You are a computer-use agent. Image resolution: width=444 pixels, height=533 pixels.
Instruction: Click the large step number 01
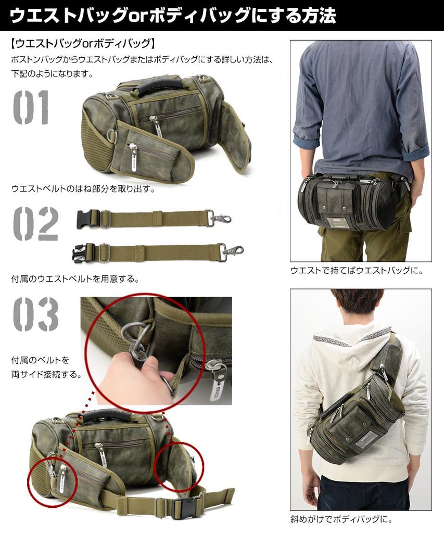[31, 108]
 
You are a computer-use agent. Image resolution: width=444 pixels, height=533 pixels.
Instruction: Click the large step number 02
[35, 223]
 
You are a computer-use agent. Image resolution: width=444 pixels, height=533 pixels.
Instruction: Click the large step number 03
[35, 314]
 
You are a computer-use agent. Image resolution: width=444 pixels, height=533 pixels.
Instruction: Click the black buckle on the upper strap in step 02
[88, 219]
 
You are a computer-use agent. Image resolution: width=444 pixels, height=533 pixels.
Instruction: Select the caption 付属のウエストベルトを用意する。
[75, 279]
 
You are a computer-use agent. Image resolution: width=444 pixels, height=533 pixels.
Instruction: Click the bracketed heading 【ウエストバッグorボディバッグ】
[82, 43]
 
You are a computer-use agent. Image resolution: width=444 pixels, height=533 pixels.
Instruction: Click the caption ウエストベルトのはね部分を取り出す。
[83, 188]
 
